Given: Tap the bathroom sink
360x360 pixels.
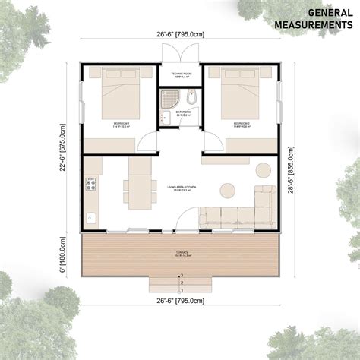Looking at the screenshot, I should (165, 116).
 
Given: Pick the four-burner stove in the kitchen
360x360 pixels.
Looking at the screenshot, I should (91, 184).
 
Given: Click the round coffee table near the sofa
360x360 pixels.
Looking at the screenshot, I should (226, 190).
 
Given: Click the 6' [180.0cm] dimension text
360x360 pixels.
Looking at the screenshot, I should (64, 253).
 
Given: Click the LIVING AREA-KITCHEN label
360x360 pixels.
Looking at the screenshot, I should (180, 186).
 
